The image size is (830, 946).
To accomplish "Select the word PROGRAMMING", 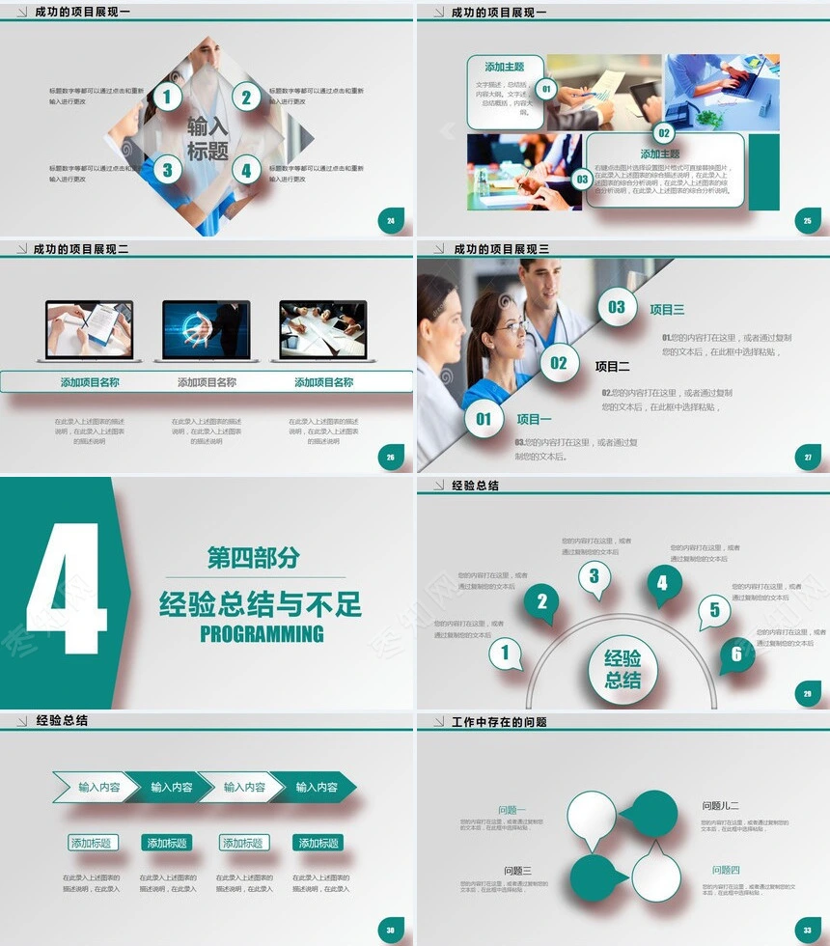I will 262,634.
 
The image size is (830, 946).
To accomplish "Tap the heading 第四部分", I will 254,557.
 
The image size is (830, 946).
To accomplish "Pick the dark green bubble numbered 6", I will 736,654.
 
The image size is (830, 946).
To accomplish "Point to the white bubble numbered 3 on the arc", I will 594,577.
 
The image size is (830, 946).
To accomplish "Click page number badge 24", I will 390,221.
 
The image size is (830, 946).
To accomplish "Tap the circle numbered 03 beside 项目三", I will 617,307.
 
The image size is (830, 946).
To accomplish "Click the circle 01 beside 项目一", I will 484,418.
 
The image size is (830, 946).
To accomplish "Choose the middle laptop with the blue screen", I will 206,329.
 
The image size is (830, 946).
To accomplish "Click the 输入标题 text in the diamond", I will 207,138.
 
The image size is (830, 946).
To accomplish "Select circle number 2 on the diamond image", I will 246,97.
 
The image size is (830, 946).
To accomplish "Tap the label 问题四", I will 726,870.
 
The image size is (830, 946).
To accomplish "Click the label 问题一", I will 512,810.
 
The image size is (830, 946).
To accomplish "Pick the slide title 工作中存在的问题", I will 499,722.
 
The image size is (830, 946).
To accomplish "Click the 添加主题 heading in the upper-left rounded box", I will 505,67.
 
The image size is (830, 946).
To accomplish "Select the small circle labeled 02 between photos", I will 664,133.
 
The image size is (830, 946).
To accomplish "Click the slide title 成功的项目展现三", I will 501,249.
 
